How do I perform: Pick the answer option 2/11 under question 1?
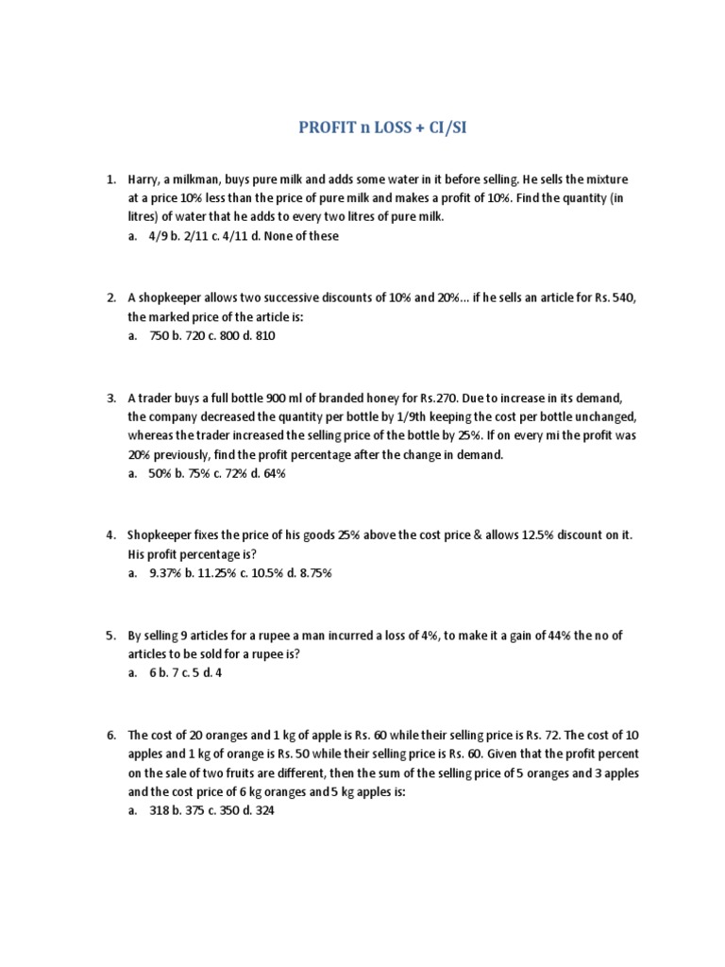(202, 236)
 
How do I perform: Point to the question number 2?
(110, 297)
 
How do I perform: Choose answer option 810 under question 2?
(264, 335)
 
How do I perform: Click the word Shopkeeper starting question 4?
(161, 534)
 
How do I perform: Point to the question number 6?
(110, 735)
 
